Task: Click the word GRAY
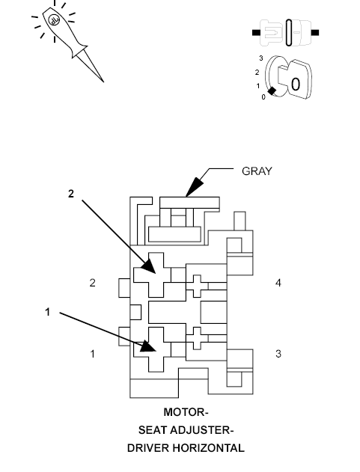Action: (x=257, y=171)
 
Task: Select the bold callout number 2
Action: (x=70, y=194)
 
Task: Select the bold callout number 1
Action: (x=48, y=313)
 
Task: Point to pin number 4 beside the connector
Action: (x=278, y=283)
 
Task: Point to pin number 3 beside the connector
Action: (x=278, y=353)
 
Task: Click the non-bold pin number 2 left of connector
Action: (x=93, y=283)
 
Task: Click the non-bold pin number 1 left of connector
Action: (x=93, y=353)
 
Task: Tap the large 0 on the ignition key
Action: (x=296, y=84)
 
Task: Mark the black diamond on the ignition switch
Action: (x=272, y=91)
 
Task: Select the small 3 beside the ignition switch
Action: (x=260, y=58)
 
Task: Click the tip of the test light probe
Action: (x=102, y=80)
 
